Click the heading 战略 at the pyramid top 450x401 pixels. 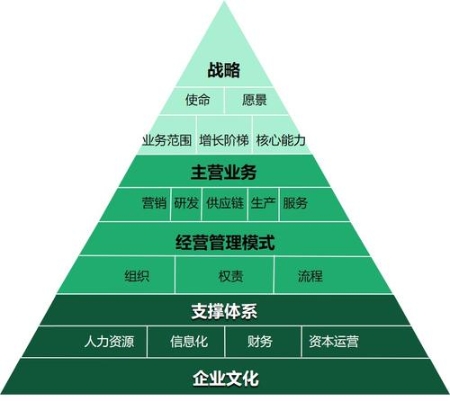click(x=224, y=70)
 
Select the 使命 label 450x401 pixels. click(x=197, y=100)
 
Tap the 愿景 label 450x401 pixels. click(x=255, y=100)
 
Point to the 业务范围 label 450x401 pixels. click(x=166, y=140)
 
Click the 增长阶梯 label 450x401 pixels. click(x=224, y=140)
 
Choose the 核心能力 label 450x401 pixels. click(x=281, y=140)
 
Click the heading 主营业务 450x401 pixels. click(x=224, y=173)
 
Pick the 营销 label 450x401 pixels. click(x=154, y=203)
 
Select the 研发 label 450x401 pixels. click(x=186, y=203)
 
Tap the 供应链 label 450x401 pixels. click(x=225, y=203)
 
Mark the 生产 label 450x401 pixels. click(x=263, y=203)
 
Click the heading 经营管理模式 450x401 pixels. click(x=225, y=243)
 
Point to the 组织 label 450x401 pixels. click(x=137, y=276)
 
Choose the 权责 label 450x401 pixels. click(x=230, y=276)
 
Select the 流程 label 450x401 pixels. click(x=310, y=276)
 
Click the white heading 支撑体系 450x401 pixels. click(x=224, y=311)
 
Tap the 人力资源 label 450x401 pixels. click(x=109, y=342)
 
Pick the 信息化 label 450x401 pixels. click(x=189, y=342)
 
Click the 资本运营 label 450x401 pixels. click(x=334, y=342)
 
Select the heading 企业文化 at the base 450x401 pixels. click(x=226, y=379)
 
